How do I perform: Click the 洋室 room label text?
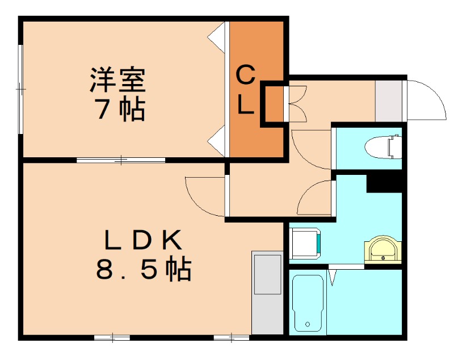(x=118, y=80)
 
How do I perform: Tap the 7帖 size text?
(x=119, y=109)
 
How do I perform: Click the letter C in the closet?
(x=245, y=74)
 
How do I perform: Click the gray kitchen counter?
(x=267, y=292)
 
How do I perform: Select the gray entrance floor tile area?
(x=389, y=101)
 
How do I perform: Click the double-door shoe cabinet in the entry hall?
(x=297, y=103)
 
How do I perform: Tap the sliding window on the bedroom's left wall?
(x=21, y=89)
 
